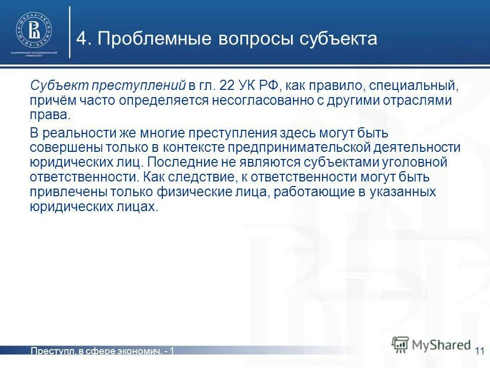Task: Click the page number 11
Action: (x=479, y=351)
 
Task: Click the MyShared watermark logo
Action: (x=431, y=344)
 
